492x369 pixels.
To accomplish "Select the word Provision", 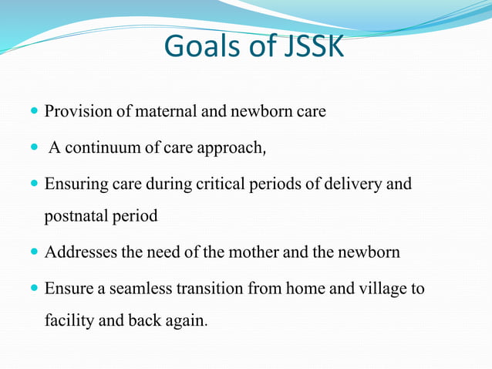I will point(77,112).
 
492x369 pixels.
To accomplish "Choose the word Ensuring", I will point(76,184).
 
